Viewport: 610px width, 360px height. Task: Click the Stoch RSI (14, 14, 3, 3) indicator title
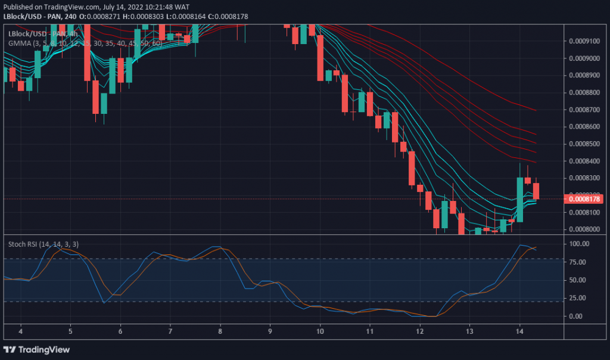pos(43,244)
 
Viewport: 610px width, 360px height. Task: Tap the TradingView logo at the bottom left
pos(37,349)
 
